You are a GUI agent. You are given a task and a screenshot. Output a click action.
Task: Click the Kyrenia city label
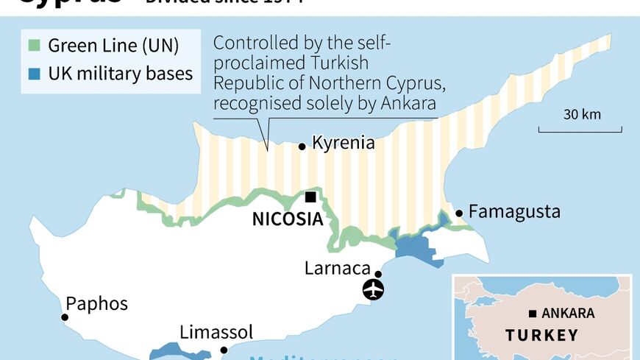[x=344, y=143]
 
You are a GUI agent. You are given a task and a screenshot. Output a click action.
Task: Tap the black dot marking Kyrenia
[x=302, y=147]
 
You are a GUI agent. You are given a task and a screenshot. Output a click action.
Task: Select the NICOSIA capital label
[x=288, y=219]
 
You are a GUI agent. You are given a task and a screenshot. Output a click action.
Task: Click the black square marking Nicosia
[x=311, y=197]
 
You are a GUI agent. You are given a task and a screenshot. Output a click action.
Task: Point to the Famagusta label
[x=514, y=213]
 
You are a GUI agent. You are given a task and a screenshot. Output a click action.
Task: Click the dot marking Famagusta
[x=460, y=213]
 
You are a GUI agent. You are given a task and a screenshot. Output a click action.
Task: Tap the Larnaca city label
[x=335, y=268]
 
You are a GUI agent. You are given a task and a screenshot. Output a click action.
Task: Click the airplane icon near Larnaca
[x=374, y=289]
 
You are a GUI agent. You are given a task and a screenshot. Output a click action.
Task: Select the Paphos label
[x=96, y=303]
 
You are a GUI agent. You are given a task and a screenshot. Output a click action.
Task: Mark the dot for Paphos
[x=65, y=317]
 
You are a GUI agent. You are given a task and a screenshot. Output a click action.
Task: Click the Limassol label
[x=216, y=332]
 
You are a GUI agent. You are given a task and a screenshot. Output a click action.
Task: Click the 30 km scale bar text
[x=582, y=114]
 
